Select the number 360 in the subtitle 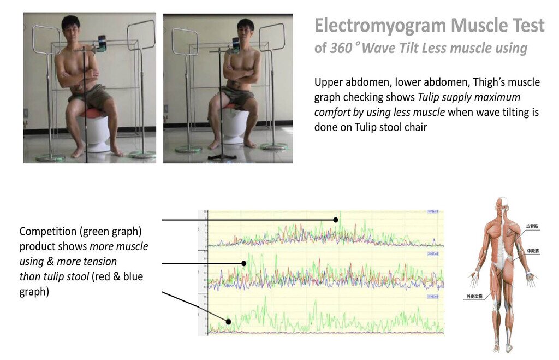(x=341, y=48)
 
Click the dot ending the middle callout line (x=244, y=263)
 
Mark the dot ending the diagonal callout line (x=229, y=322)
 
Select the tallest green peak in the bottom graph (x=265, y=298)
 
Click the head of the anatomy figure (x=503, y=203)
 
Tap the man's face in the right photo (x=246, y=29)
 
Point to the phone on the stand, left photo (x=102, y=43)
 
